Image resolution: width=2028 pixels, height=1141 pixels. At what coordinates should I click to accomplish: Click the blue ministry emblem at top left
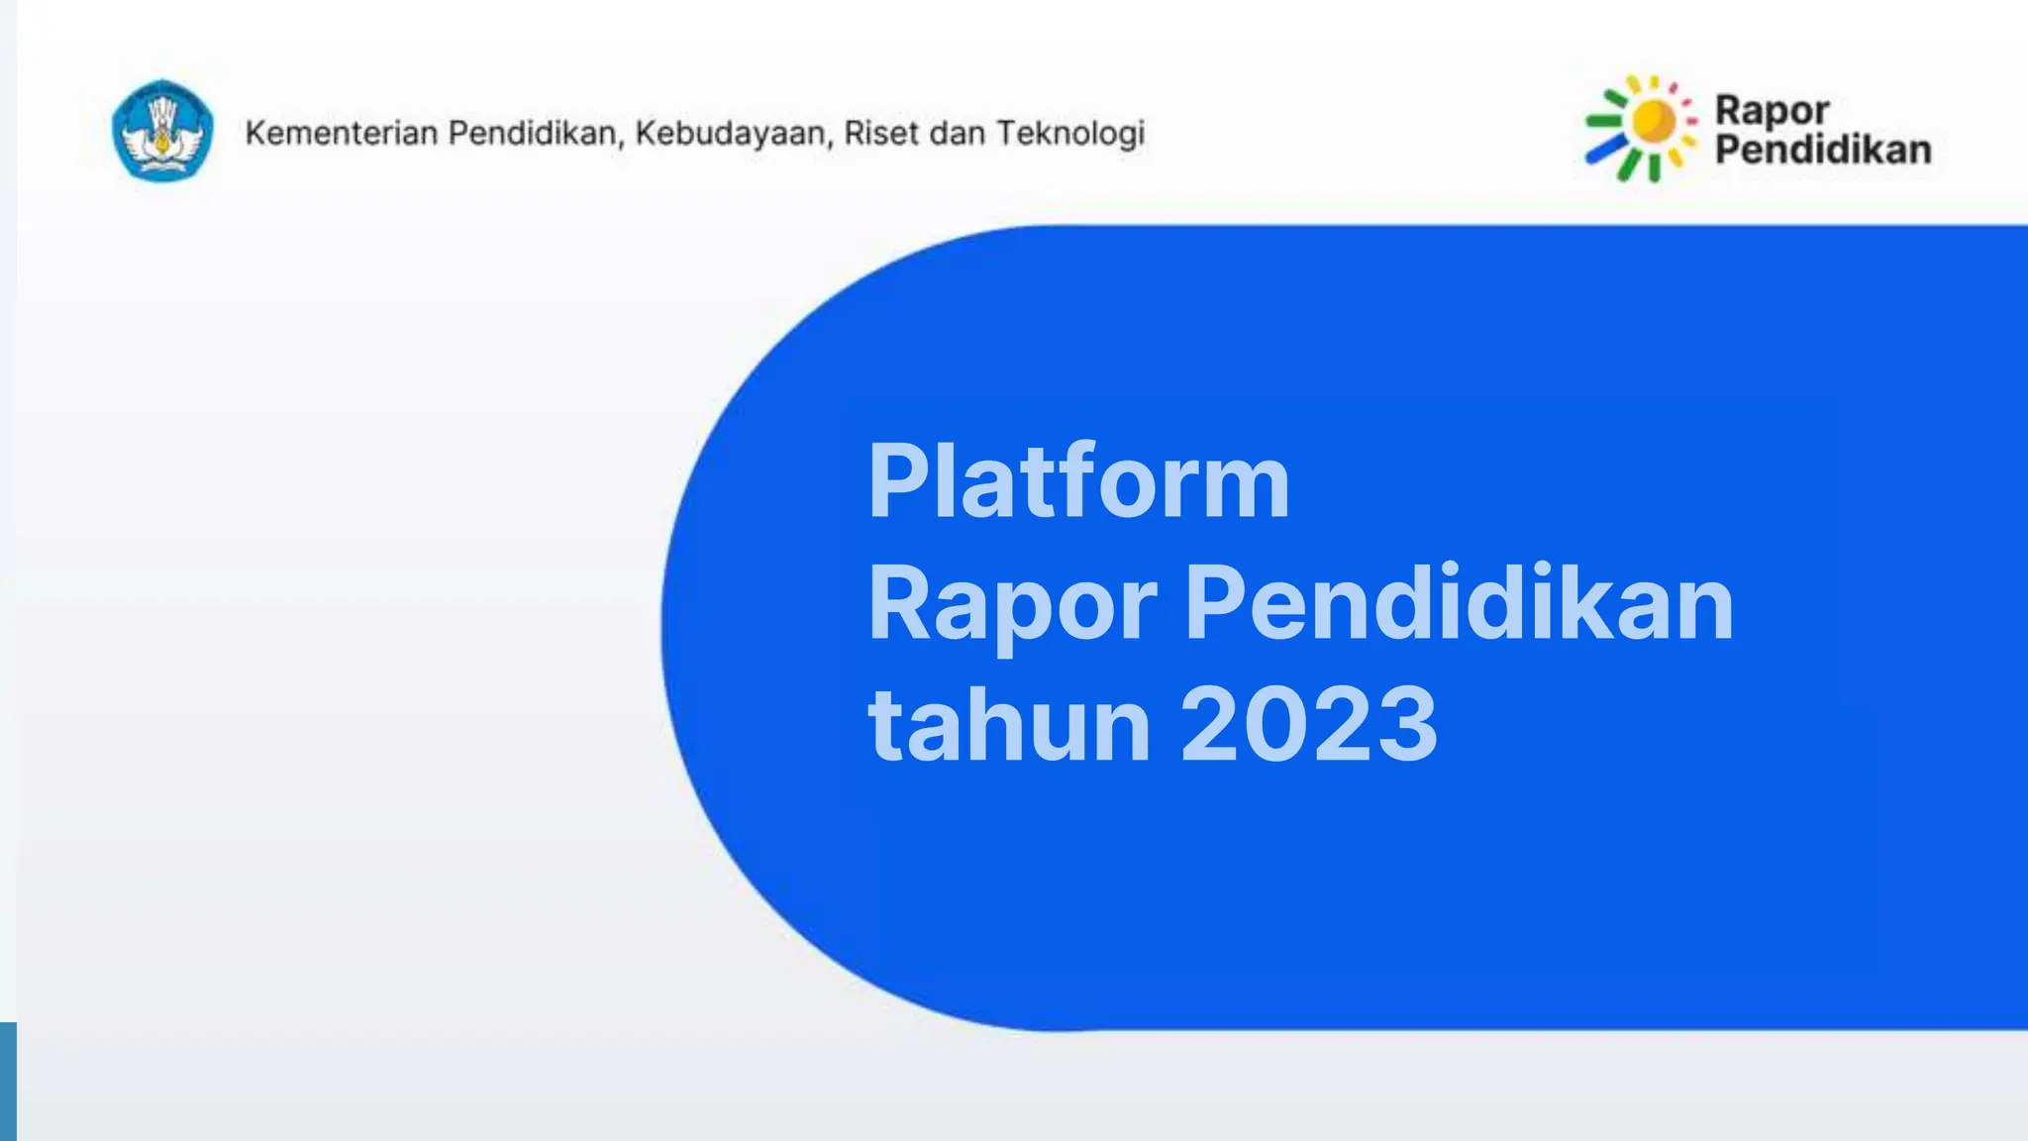pos(162,131)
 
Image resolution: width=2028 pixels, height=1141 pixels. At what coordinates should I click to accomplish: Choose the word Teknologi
pos(1070,133)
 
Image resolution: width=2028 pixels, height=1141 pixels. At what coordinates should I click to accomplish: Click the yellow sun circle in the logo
pos(1653,122)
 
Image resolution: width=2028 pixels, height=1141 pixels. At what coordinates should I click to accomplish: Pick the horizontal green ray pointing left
pos(1603,122)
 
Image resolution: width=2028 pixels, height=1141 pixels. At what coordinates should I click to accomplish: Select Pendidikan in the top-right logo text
pos(1823,150)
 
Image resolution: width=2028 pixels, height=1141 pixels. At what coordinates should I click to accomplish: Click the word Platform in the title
pos(1078,482)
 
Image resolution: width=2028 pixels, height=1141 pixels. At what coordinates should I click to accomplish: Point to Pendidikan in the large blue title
pos(1459,602)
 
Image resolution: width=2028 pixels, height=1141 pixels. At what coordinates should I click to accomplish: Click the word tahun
pos(1008,724)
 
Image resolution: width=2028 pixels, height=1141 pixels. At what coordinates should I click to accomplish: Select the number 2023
pos(1309,724)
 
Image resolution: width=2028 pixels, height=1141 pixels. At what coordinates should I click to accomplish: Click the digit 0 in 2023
pos(1278,724)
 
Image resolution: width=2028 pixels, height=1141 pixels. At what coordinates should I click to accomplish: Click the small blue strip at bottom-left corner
pos(8,1082)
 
